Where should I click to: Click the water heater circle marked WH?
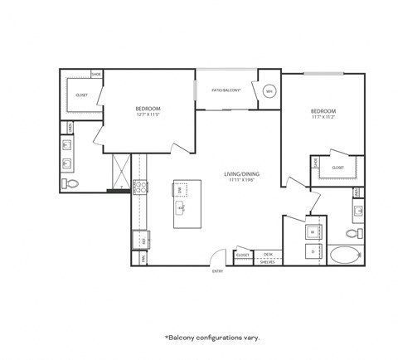coord(269,91)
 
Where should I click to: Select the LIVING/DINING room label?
coord(242,174)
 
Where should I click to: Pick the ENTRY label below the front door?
coord(218,271)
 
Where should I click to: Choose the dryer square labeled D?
coord(313,251)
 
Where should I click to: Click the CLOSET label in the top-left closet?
coord(82,95)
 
